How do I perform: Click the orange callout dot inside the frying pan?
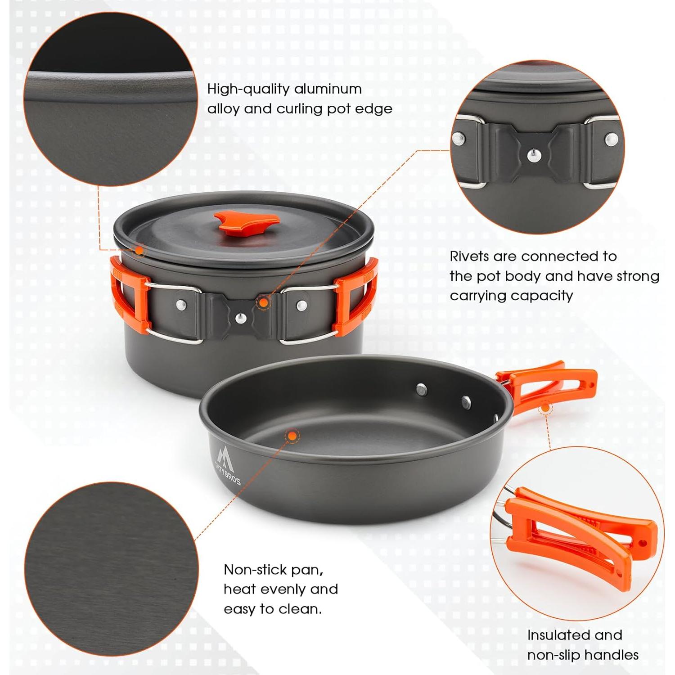click(292, 435)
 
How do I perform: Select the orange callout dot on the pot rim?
click(139, 250)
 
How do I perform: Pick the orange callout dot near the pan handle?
click(545, 408)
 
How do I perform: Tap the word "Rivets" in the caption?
click(469, 256)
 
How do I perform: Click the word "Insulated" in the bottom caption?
click(555, 635)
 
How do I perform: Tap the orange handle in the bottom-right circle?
click(580, 531)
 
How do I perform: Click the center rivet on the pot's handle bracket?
click(242, 318)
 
